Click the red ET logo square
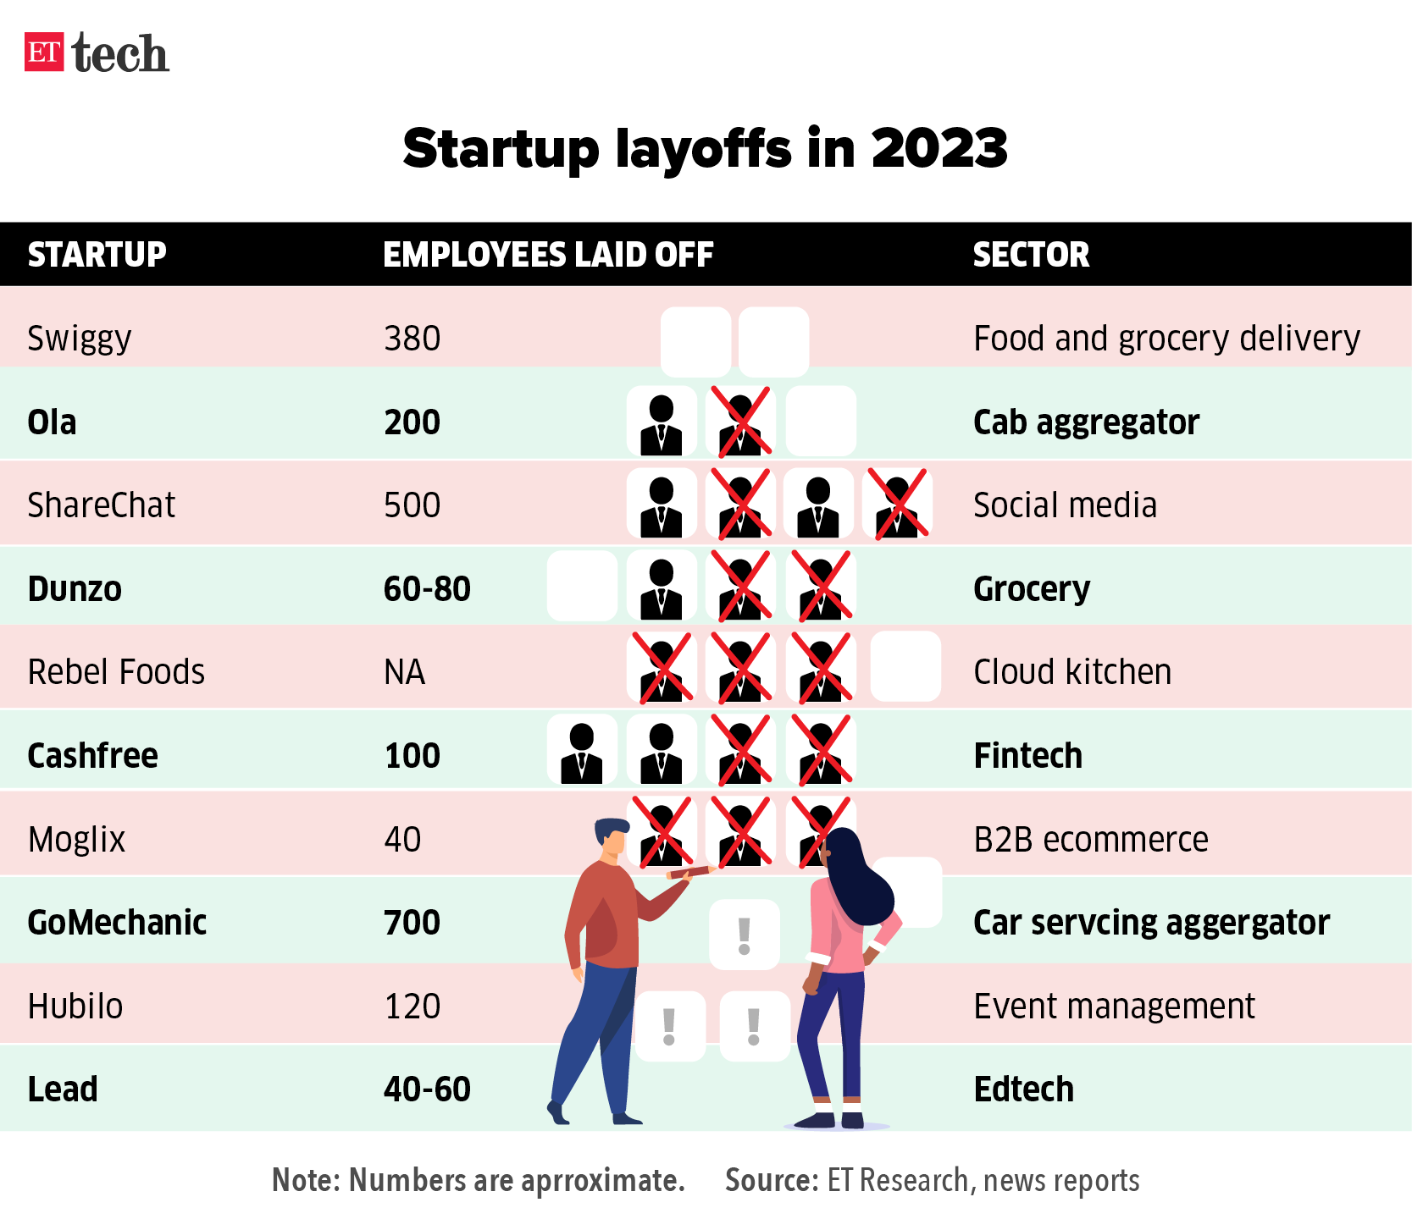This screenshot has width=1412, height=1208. tap(44, 52)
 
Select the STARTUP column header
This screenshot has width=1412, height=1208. tap(97, 255)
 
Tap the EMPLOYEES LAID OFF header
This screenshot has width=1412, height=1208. tap(548, 255)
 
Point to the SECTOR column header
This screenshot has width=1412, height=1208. tap(1031, 255)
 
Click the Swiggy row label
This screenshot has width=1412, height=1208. tap(80, 339)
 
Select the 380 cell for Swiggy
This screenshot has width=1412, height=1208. tap(413, 339)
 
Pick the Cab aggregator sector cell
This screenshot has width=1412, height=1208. tap(1086, 422)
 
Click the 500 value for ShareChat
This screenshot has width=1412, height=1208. tap(413, 505)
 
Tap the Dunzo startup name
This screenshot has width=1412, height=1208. tap(75, 589)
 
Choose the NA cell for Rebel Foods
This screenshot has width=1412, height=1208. tap(405, 672)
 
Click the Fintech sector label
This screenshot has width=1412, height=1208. tap(1027, 755)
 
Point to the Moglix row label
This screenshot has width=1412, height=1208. tap(76, 840)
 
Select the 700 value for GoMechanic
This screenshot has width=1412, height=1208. tap(413, 923)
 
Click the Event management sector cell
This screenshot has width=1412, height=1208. tap(1114, 1007)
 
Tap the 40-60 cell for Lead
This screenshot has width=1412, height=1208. tap(427, 1089)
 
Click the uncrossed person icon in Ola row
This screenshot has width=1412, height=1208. tap(661, 423)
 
